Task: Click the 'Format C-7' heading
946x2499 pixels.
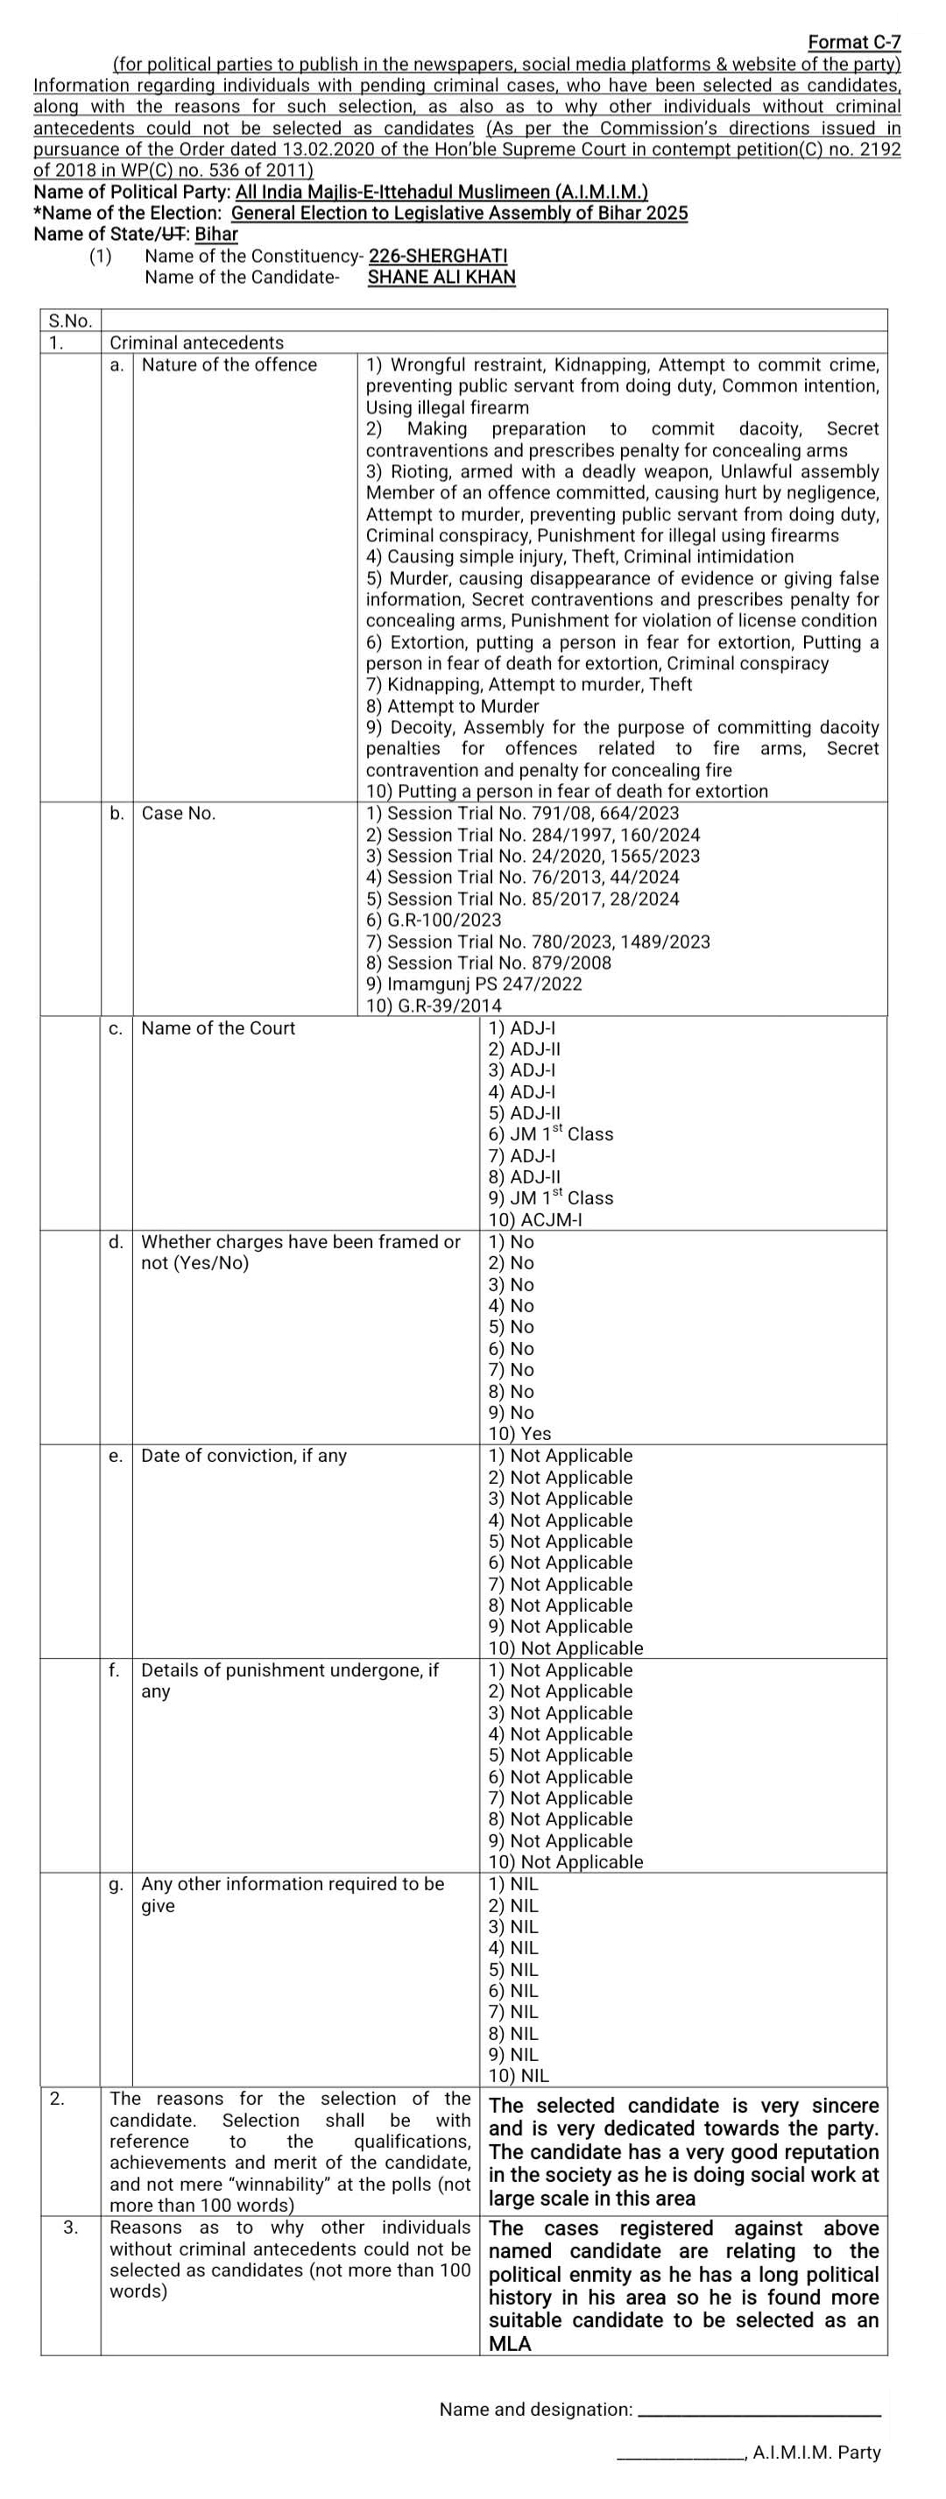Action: [x=854, y=42]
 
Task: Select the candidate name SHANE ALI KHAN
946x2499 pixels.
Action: [x=441, y=278]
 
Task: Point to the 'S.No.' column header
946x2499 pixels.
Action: [x=70, y=320]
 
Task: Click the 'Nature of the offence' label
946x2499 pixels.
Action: [x=229, y=364]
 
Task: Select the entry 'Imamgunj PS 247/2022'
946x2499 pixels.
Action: [x=474, y=984]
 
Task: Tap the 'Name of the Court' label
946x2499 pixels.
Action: [x=218, y=1028]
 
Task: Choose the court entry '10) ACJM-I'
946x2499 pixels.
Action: [x=534, y=1219]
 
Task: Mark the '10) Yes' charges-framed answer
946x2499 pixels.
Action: [x=519, y=1434]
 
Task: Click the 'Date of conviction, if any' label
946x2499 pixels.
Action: [x=244, y=1456]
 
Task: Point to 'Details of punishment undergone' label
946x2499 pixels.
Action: [x=289, y=1670]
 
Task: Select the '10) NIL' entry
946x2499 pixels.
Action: [x=519, y=2076]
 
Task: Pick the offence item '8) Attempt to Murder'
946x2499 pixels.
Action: [x=452, y=706]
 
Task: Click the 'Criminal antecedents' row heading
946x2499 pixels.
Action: [x=197, y=342]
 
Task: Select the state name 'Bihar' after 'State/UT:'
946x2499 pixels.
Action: [x=216, y=234]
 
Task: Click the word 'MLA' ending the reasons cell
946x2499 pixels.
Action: [x=510, y=2344]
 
